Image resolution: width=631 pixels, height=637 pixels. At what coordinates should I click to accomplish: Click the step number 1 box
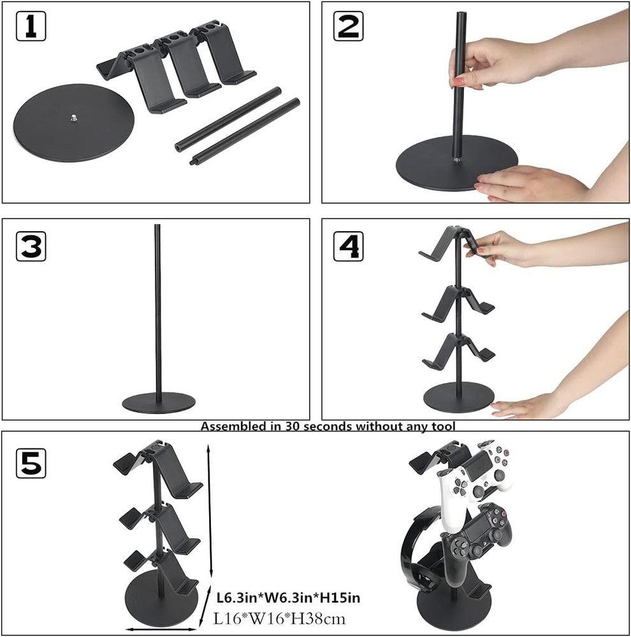tap(31, 26)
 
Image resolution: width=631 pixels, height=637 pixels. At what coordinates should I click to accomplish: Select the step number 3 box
tap(31, 245)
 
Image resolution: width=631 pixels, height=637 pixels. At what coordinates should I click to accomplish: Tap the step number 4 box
tap(349, 245)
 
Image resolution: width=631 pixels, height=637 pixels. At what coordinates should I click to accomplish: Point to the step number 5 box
tap(31, 463)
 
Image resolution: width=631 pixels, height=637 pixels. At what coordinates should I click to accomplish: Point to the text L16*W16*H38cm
tap(280, 617)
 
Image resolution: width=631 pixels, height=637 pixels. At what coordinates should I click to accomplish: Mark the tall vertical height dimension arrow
tap(208, 510)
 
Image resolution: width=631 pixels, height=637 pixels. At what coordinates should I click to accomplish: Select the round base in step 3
tap(159, 403)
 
